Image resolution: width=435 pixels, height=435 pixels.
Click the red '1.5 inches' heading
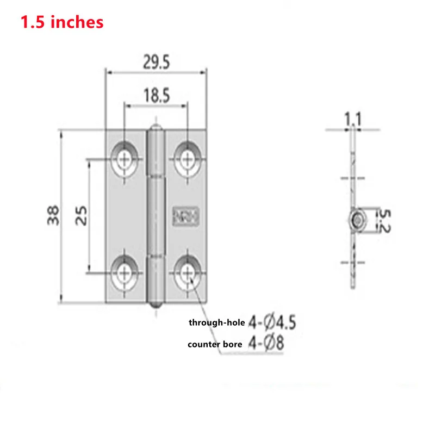pyautogui.click(x=61, y=22)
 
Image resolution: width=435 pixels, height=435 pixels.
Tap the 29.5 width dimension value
pyautogui.click(x=157, y=63)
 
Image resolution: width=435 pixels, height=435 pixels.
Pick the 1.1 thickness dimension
pyautogui.click(x=353, y=118)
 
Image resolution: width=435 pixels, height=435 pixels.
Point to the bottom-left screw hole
pyautogui.click(x=126, y=272)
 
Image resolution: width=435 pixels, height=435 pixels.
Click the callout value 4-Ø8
pyautogui.click(x=266, y=344)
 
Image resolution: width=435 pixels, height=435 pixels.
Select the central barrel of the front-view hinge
pyautogui.click(x=157, y=216)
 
